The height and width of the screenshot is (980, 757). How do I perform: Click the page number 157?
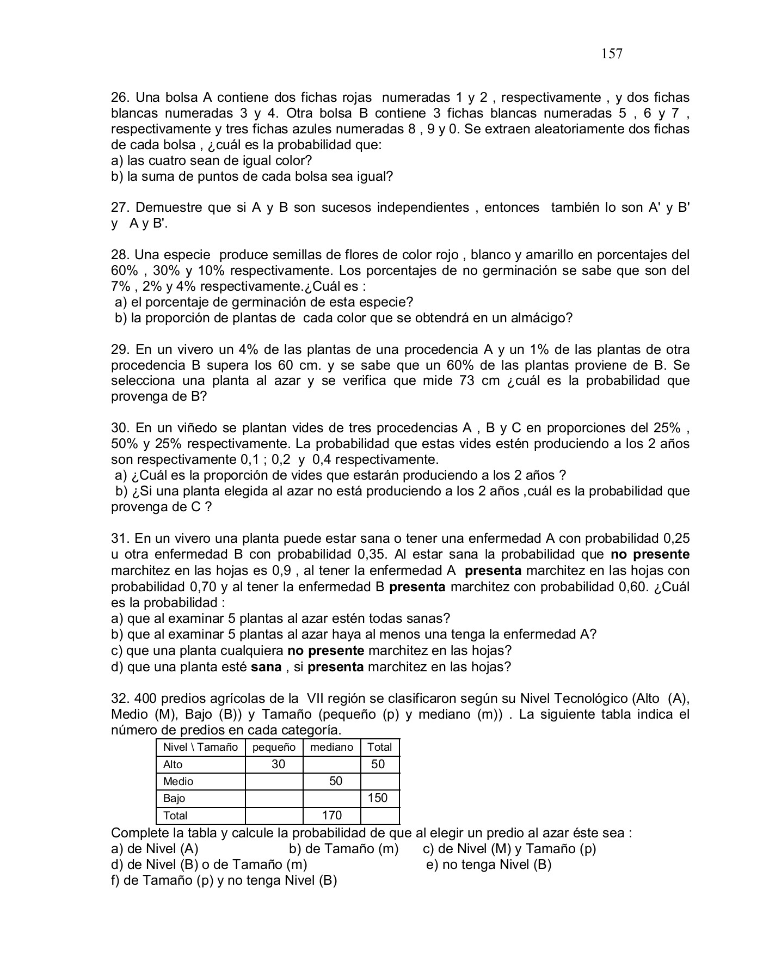(x=612, y=53)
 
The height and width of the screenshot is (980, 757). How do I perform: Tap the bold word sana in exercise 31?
(x=266, y=667)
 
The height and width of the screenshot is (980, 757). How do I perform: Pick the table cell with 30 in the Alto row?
(x=278, y=764)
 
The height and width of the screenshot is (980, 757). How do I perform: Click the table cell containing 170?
(x=331, y=815)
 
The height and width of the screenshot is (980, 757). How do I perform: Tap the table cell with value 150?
(x=377, y=798)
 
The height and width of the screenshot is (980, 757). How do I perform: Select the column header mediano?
(x=331, y=748)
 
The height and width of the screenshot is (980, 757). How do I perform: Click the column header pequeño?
(x=274, y=748)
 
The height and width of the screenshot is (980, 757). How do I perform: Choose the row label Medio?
(x=178, y=782)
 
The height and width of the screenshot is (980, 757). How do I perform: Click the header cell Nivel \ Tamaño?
(x=200, y=748)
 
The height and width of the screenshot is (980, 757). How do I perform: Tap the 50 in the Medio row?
(x=336, y=781)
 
